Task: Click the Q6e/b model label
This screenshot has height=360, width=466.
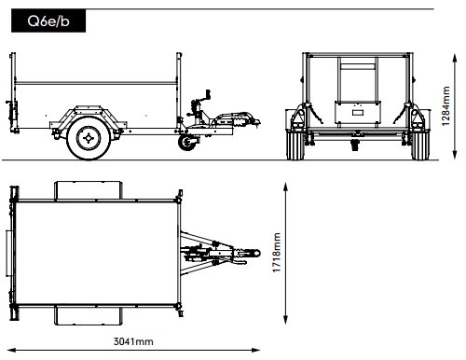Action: (48, 21)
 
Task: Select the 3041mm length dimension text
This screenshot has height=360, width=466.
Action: (133, 341)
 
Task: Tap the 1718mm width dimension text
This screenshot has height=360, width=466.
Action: (277, 253)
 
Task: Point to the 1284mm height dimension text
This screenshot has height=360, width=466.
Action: (445, 106)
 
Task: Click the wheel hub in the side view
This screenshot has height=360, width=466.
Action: (89, 138)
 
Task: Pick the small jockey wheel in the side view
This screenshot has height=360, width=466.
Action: (186, 143)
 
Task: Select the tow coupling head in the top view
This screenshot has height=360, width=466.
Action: (250, 253)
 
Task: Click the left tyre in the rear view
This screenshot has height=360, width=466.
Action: (295, 145)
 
